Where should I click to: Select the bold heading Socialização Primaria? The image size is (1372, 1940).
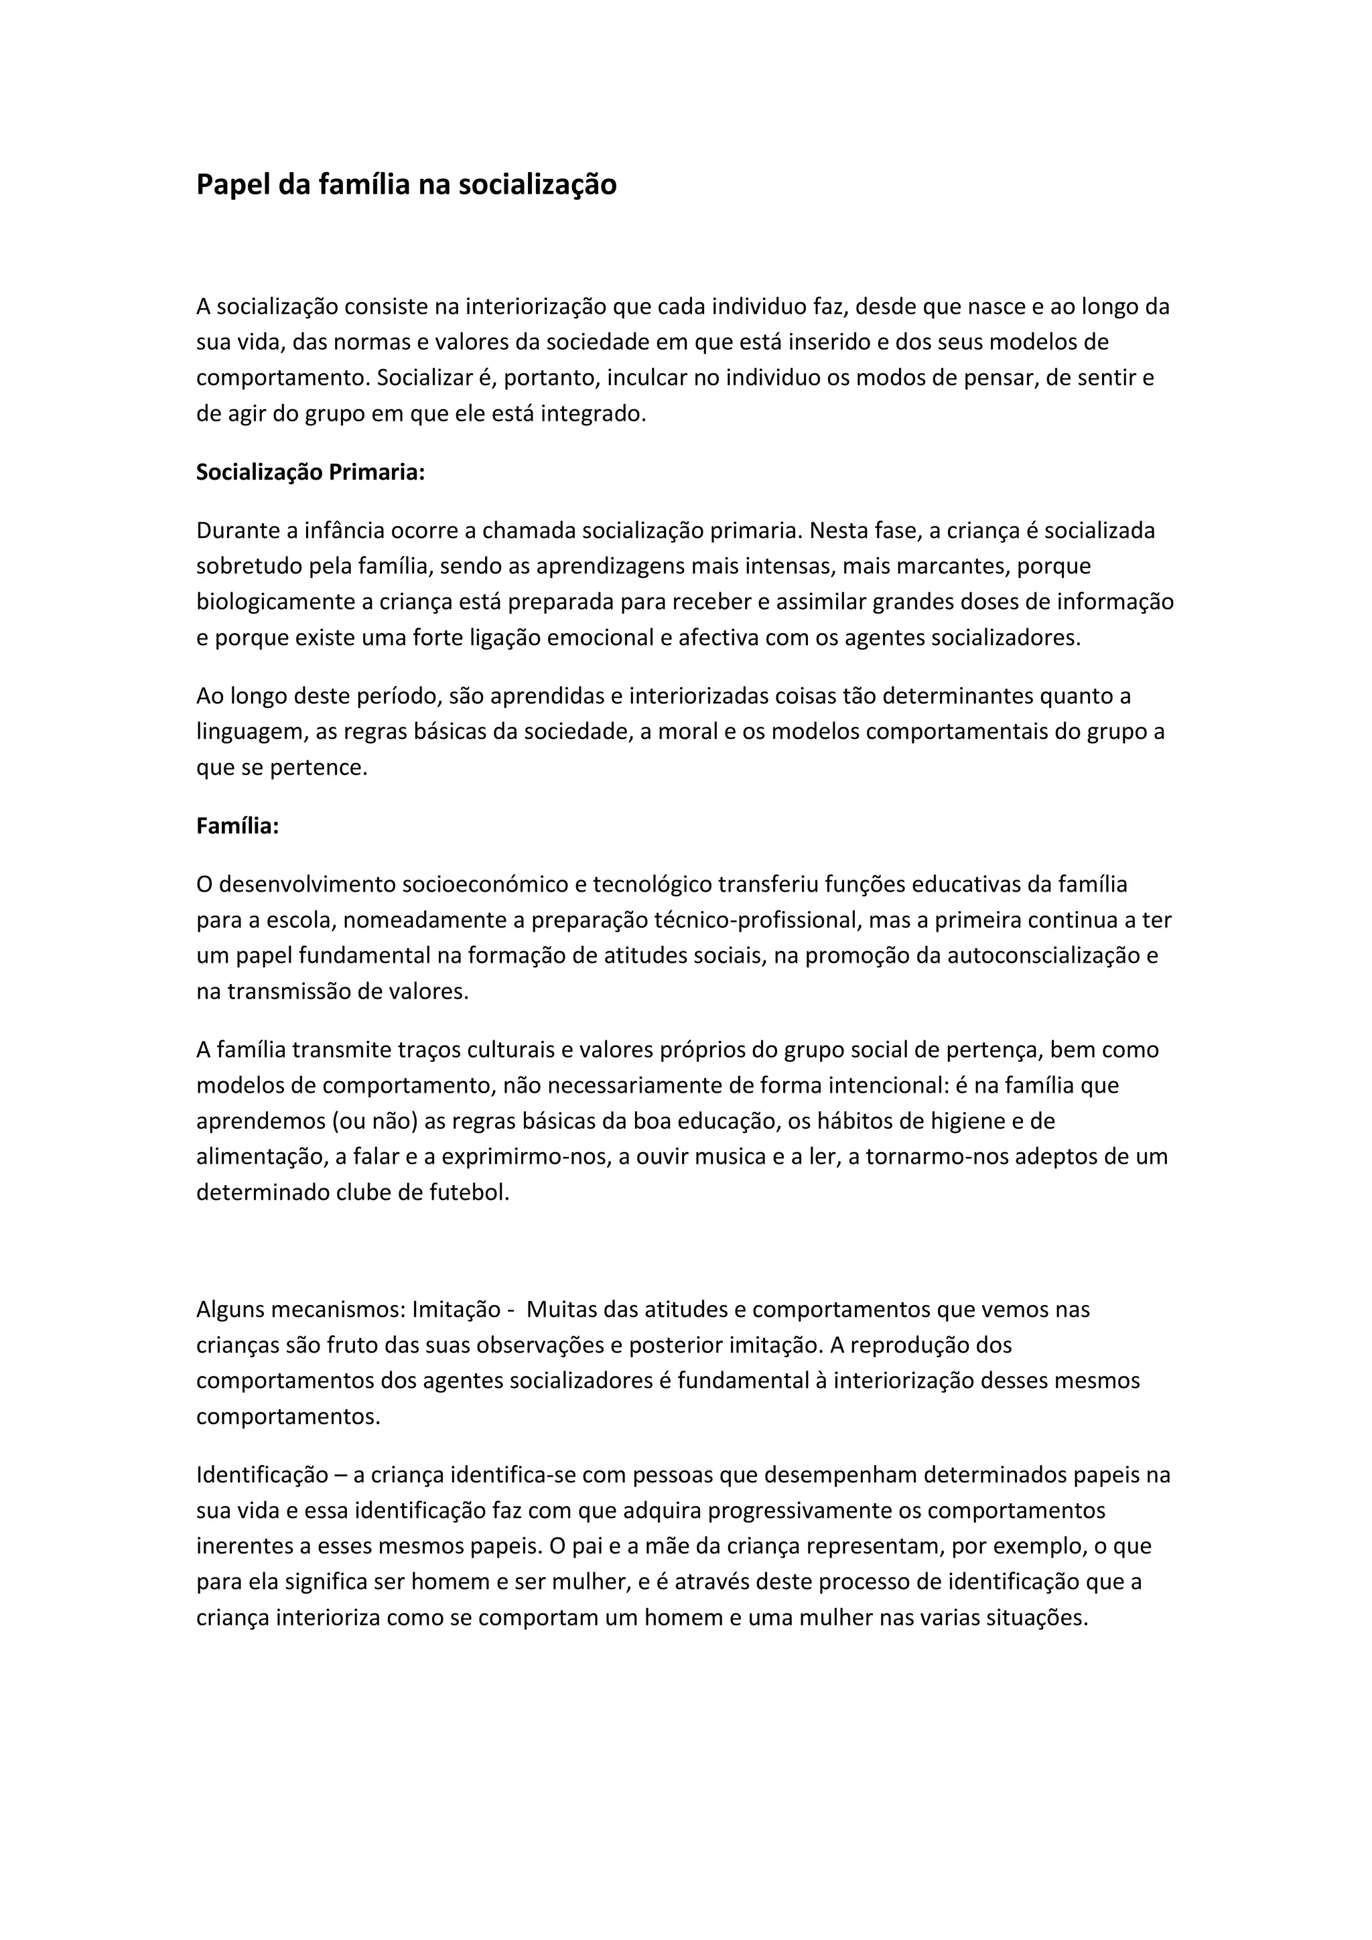[310, 472]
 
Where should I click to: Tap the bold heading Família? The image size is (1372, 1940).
[237, 825]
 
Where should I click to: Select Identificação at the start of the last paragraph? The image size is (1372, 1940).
[262, 1475]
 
